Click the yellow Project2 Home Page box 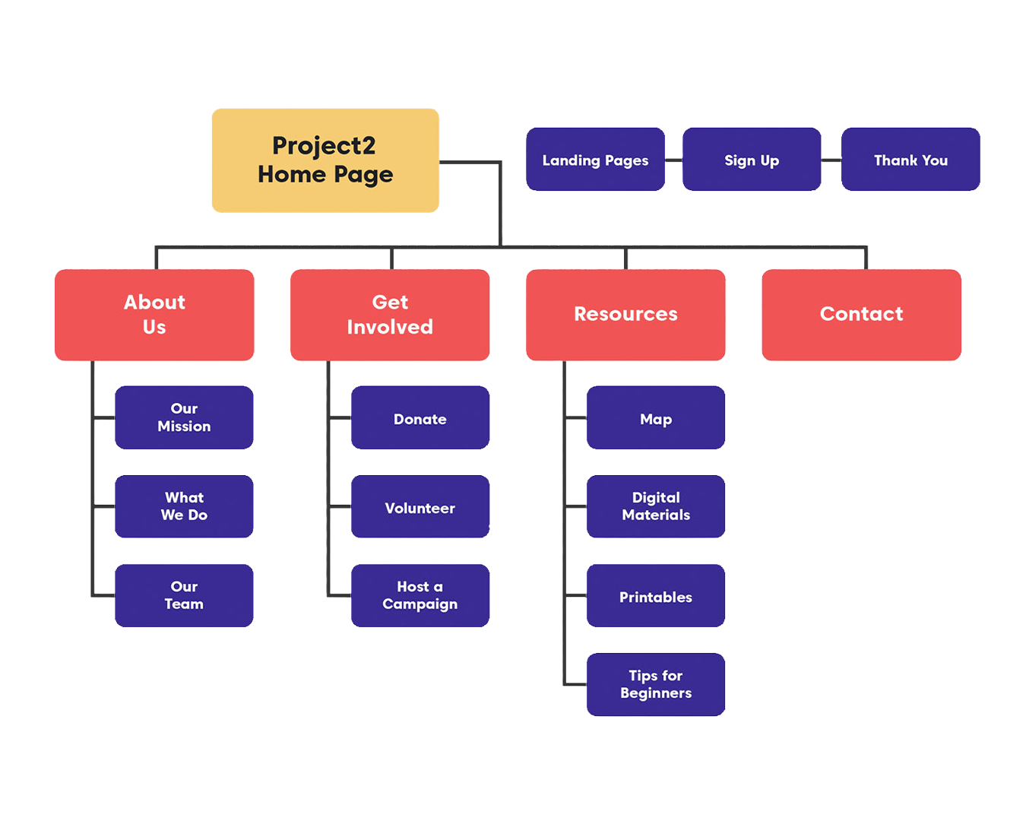click(325, 160)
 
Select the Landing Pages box click(595, 160)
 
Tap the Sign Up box click(752, 160)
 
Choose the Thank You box click(910, 160)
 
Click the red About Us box click(154, 315)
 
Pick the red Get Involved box click(390, 315)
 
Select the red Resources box click(625, 315)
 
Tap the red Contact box click(861, 315)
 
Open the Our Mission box click(184, 417)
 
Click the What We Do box click(184, 506)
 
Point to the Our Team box click(184, 595)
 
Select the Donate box click(420, 417)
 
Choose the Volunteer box click(420, 506)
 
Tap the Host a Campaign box click(420, 595)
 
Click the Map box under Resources click(656, 417)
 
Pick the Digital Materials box click(656, 506)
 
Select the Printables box click(656, 595)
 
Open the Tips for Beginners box click(656, 684)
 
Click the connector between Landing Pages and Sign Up click(673, 160)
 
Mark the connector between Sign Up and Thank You click(831, 160)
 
